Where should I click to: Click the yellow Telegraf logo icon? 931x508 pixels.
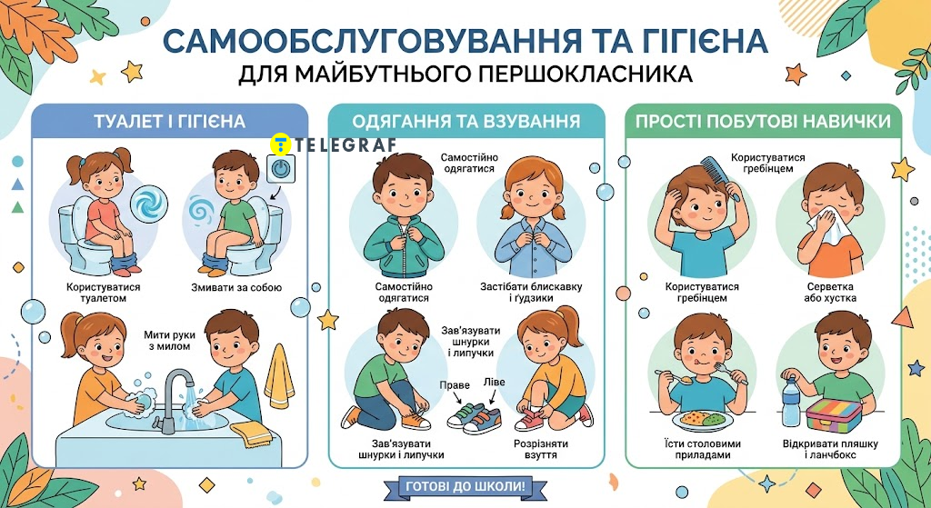click(x=280, y=144)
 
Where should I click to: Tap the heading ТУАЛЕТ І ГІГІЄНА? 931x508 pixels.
click(x=170, y=122)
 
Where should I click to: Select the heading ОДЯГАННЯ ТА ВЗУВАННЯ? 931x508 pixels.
click(x=466, y=122)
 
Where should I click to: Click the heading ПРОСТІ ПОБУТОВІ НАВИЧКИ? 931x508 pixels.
click(x=763, y=122)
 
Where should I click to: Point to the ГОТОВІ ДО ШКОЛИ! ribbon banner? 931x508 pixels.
click(x=465, y=486)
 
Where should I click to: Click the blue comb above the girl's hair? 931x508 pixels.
click(x=721, y=177)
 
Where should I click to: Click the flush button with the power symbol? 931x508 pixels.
click(x=279, y=169)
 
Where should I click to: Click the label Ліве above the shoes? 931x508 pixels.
click(x=494, y=382)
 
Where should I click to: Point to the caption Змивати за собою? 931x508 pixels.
click(x=236, y=288)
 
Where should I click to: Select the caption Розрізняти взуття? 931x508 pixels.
click(x=542, y=449)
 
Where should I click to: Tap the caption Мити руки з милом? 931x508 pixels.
click(x=167, y=340)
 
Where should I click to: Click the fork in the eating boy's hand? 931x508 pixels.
click(x=728, y=372)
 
